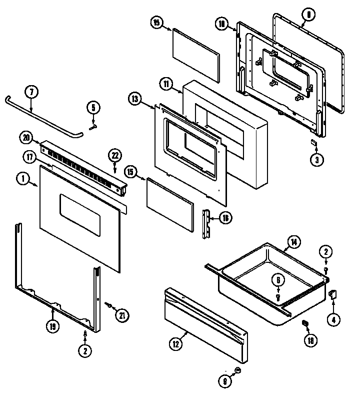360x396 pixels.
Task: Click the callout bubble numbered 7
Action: (x=31, y=93)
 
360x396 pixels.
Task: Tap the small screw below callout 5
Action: (x=92, y=114)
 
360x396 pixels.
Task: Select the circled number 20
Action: (x=25, y=137)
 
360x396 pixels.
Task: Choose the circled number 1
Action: (x=22, y=178)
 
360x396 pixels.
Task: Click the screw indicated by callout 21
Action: (x=108, y=304)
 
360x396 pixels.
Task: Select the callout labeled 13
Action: (x=134, y=99)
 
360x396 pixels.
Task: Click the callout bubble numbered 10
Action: (x=221, y=23)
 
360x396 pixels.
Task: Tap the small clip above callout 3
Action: (x=314, y=143)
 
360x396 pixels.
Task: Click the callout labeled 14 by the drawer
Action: (x=294, y=242)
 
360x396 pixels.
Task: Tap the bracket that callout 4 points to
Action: (x=332, y=294)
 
